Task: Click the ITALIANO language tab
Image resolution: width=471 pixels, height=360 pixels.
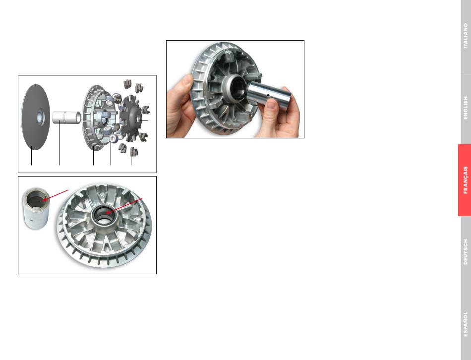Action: pos(466,36)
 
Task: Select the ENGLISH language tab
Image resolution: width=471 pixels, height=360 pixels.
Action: pos(466,108)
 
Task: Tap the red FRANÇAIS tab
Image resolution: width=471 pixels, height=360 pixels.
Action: pos(465,180)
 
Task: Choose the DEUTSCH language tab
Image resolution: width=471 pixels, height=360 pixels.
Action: pos(466,252)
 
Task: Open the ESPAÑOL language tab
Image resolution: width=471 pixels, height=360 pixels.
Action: pos(466,324)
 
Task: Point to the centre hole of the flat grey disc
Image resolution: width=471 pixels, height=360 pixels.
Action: pos(40,117)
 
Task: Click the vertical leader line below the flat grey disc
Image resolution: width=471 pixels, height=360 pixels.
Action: pos(32,156)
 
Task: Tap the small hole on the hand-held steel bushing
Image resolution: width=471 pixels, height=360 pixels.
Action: pos(268,96)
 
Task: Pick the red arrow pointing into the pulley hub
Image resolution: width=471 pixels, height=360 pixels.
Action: pos(124,206)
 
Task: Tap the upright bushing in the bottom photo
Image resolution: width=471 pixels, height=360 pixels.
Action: pos(36,208)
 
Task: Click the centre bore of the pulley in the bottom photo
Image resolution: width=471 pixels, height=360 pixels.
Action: pos(104,214)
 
